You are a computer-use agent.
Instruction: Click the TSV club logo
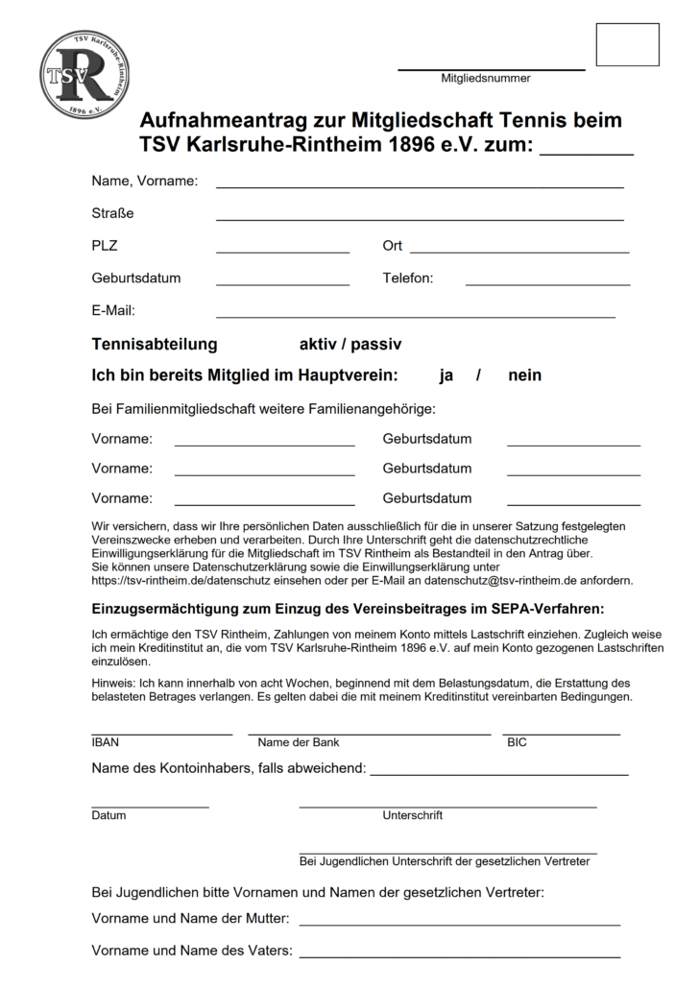click(x=84, y=74)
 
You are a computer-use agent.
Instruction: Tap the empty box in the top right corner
click(x=627, y=44)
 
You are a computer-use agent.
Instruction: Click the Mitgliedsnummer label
click(x=485, y=79)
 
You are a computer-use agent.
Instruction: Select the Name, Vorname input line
click(x=420, y=184)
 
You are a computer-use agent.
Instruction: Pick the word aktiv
click(x=318, y=344)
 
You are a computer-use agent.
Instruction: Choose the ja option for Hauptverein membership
click(x=446, y=375)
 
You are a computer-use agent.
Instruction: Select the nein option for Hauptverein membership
click(x=525, y=375)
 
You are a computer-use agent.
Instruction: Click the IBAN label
click(x=105, y=742)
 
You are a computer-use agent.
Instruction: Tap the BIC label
click(x=517, y=742)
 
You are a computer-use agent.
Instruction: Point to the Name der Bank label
click(x=298, y=742)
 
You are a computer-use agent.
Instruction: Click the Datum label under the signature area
click(x=108, y=815)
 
